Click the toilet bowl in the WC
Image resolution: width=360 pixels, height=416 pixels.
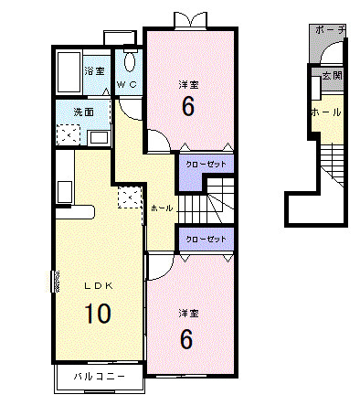point(130,62)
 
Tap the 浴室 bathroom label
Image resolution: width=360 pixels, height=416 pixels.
point(94,71)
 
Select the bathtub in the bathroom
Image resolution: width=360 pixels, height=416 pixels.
point(69,72)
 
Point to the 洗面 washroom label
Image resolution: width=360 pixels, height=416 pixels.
point(84,112)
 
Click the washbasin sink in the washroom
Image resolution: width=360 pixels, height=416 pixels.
point(98,138)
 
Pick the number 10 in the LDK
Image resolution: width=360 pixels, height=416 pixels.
point(98,314)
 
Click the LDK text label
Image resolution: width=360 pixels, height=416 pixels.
point(99,286)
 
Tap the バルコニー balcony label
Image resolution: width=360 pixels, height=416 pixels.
point(100,377)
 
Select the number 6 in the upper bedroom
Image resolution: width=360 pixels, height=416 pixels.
point(188,106)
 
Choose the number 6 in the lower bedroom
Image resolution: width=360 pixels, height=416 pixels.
point(186,339)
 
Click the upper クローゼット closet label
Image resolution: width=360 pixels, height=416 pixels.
point(206,165)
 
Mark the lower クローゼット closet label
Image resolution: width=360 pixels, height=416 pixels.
point(206,239)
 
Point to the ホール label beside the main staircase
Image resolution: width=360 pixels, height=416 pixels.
point(162,208)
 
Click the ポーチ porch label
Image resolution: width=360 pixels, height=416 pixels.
point(331,30)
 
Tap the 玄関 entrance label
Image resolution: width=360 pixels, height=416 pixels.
point(332,76)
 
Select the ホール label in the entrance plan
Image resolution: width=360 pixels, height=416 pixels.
point(326,112)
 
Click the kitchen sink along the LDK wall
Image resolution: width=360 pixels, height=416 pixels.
point(65,192)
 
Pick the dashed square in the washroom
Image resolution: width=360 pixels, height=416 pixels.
point(69,134)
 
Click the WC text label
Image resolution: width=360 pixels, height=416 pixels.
point(127,85)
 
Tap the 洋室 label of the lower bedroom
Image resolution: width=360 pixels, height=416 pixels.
point(188,314)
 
